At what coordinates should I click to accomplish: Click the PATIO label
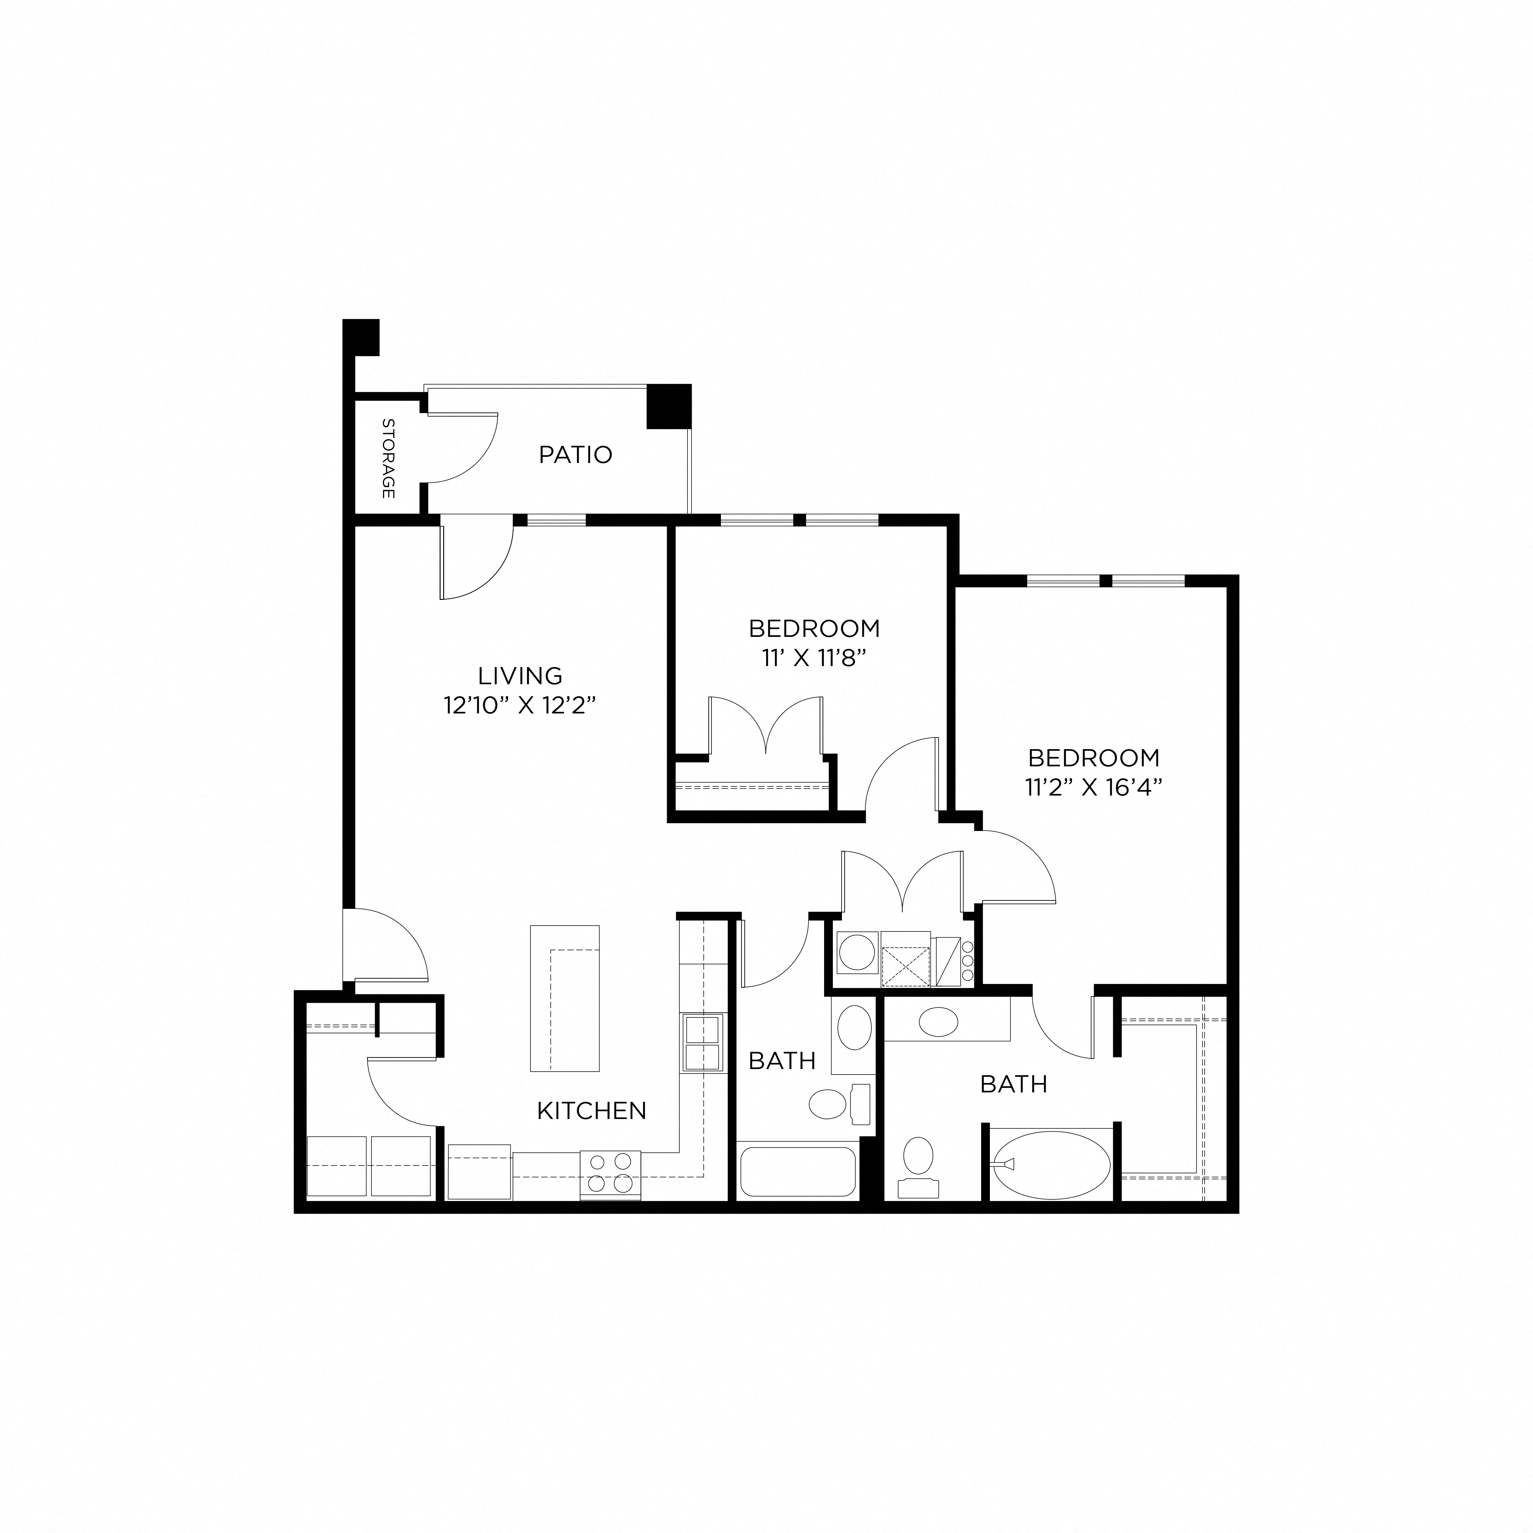click(x=575, y=455)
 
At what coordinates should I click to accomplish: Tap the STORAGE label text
click(x=388, y=459)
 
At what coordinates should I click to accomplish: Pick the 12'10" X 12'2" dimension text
click(x=520, y=705)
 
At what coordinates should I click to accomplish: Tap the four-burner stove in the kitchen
click(x=610, y=1173)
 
